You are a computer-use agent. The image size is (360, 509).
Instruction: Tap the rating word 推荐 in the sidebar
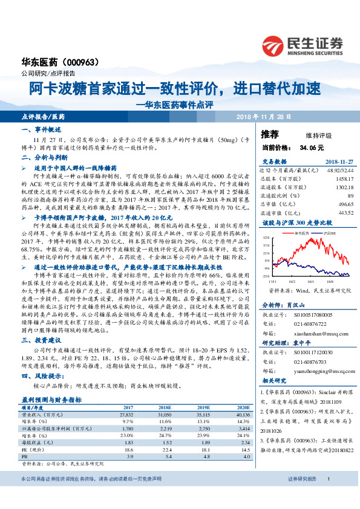[x=270, y=134]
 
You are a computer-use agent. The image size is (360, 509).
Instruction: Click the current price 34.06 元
[x=312, y=147]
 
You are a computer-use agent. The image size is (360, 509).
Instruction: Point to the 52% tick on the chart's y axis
[x=266, y=238]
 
